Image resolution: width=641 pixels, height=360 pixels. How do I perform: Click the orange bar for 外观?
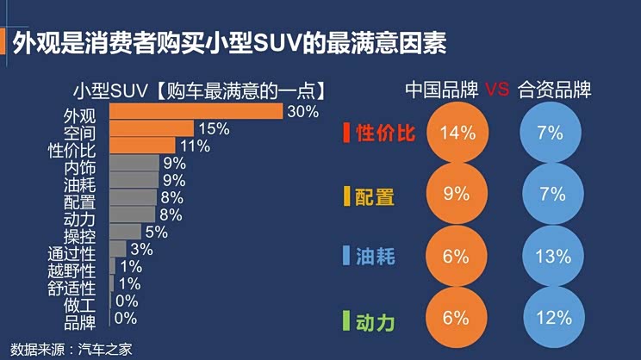tap(196, 112)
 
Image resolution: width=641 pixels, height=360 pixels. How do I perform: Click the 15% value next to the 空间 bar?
tap(213, 129)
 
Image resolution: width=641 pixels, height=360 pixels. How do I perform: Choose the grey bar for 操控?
tap(125, 232)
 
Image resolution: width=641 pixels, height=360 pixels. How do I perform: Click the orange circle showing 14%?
tap(457, 133)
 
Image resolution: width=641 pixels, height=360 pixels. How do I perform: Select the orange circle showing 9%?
tap(457, 195)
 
